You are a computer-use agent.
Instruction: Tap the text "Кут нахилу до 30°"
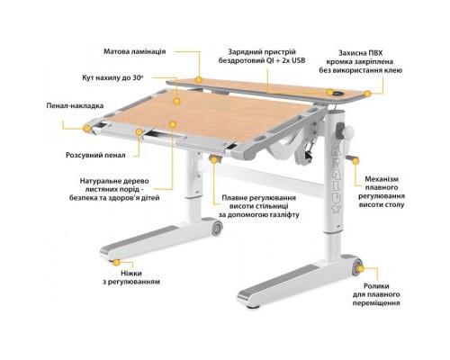(x=112, y=77)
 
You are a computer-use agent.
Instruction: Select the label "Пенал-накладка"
(x=75, y=105)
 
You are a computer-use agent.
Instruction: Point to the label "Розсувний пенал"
(x=95, y=155)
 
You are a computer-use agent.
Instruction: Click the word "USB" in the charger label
(x=298, y=60)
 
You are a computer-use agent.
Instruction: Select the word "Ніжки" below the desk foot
(x=131, y=274)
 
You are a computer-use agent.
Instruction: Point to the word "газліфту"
(x=284, y=215)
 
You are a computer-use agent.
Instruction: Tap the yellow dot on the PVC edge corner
(x=368, y=94)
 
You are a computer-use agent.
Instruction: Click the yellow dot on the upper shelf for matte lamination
(x=198, y=80)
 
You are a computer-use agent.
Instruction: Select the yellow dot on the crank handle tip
(x=355, y=161)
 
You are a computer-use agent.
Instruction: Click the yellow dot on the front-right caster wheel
(x=360, y=268)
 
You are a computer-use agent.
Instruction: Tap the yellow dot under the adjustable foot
(x=116, y=262)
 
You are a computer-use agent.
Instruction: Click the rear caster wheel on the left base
(x=217, y=229)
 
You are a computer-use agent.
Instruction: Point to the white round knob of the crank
(x=348, y=132)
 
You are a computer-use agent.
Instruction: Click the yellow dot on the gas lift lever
(x=214, y=159)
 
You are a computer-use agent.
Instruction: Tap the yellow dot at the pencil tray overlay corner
(x=87, y=129)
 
